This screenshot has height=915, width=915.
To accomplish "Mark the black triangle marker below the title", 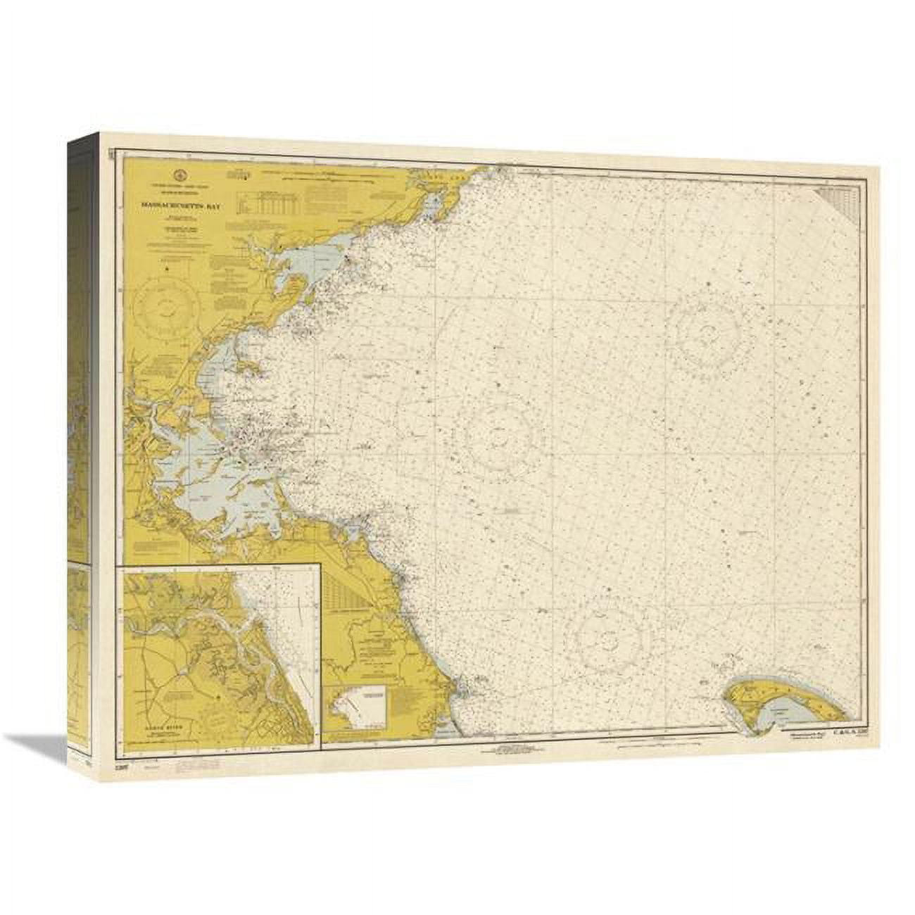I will pos(167,268).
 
